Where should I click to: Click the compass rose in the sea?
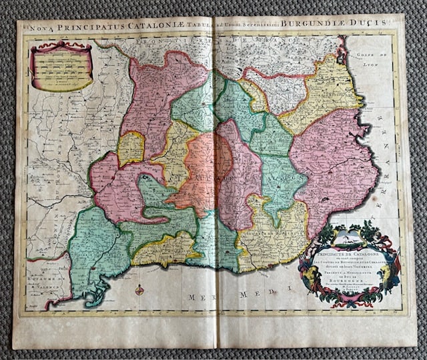139,290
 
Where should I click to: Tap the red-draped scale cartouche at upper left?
61,67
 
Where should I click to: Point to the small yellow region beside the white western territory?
131,148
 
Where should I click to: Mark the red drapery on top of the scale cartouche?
61,47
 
